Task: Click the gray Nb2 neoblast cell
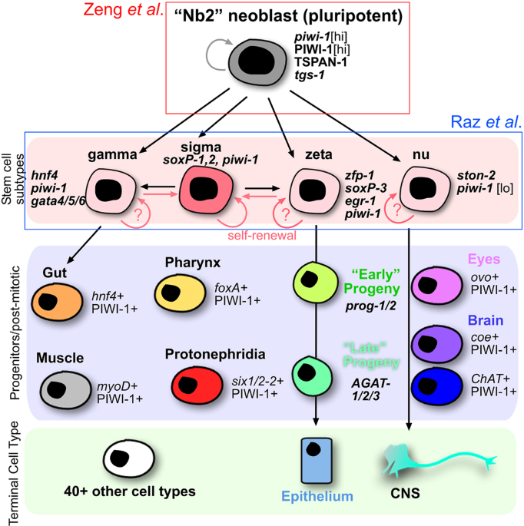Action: pos(257,62)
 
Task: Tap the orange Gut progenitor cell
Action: pos(57,302)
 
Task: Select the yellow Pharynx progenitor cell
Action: pos(180,293)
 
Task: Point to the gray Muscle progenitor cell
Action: pos(65,390)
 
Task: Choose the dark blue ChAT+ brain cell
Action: pos(437,386)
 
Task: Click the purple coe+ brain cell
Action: pos(437,344)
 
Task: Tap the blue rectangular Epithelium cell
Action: pos(317,460)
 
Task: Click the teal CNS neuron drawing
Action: pos(436,460)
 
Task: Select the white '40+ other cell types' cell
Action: pos(128,458)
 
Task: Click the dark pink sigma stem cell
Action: pos(206,190)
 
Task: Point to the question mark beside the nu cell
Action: pos(397,210)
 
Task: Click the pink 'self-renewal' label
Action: pos(262,236)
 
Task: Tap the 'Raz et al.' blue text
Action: pos(486,122)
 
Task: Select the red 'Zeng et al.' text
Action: pos(124,10)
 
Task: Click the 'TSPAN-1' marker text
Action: pos(320,62)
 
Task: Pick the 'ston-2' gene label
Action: pos(476,175)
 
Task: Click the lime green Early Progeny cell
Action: pos(316,283)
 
